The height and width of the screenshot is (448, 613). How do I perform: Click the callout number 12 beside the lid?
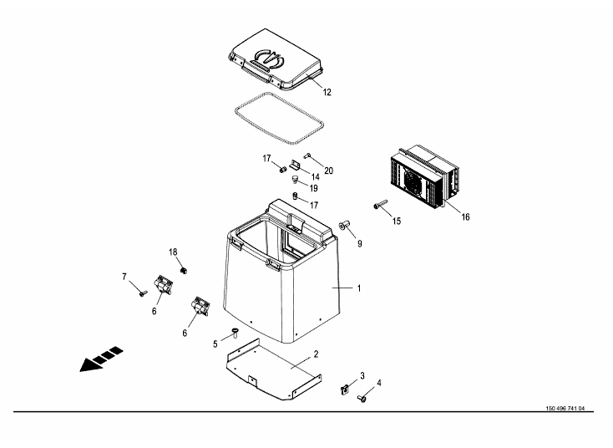pos(327,92)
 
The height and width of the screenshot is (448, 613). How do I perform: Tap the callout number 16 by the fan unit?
pos(465,216)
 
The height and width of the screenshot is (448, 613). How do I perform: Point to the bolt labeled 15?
pos(380,204)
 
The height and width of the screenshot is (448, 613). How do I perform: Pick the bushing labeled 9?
pos(344,226)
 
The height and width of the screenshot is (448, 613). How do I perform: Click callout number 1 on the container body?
pos(359,288)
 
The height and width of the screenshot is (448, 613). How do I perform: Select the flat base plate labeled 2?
pos(274,369)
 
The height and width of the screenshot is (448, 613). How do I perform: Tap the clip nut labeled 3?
pos(344,389)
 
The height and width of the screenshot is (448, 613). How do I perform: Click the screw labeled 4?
pos(362,399)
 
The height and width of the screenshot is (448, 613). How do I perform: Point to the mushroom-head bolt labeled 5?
pos(236,333)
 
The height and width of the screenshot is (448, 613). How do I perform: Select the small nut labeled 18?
pos(183,270)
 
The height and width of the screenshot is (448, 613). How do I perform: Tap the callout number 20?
pos(329,171)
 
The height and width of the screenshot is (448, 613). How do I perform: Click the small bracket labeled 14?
pos(295,165)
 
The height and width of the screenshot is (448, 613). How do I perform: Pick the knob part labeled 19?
pos(295,180)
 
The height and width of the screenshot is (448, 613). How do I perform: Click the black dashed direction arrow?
pos(101,359)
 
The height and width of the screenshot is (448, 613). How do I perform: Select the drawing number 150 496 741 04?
pos(565,409)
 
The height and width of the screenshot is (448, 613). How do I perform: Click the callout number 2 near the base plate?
pos(316,354)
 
